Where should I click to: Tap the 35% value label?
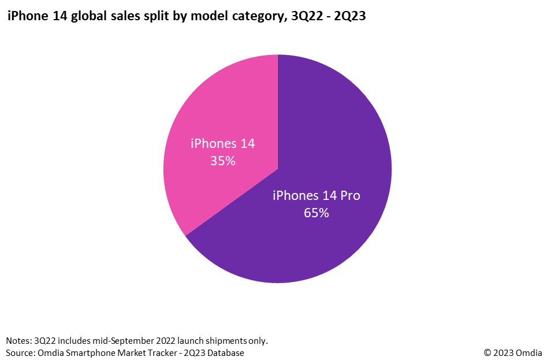tap(222, 161)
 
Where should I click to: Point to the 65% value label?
tap(316, 213)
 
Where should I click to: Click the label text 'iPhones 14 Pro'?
tap(316, 195)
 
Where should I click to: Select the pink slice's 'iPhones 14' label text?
tap(222, 144)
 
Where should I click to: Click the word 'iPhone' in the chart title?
tap(28, 17)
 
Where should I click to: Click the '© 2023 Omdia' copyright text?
tap(512, 352)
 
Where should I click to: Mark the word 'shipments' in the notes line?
tap(232, 340)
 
